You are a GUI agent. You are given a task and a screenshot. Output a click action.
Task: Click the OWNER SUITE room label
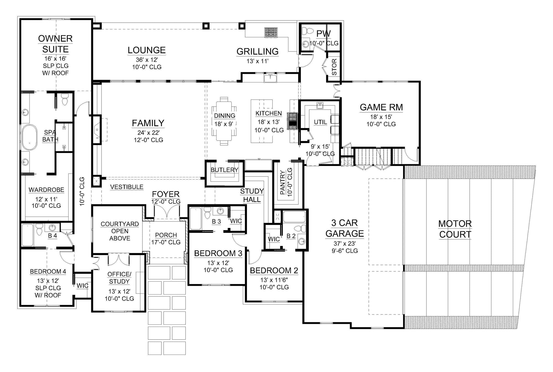pos(55,44)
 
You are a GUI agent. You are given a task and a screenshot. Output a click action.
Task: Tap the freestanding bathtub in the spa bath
pos(30,137)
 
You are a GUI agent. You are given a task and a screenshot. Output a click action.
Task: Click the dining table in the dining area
pos(224,121)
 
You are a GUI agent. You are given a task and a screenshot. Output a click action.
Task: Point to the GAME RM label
pos(381,107)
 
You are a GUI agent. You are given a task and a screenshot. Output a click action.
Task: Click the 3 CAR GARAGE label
pos(345,228)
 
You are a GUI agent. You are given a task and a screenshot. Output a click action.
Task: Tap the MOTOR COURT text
pos(455,229)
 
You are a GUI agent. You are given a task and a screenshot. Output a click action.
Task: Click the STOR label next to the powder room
pos(334,67)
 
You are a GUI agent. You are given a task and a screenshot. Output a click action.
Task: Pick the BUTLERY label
pos(225,170)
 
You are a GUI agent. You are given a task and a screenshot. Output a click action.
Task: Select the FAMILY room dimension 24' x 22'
pos(148,133)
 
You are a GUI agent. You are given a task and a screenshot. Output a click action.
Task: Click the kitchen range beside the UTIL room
pos(293,121)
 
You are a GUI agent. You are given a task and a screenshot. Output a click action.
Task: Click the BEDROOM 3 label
pos(218,253)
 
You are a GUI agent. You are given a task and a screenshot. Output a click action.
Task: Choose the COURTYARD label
pos(120,224)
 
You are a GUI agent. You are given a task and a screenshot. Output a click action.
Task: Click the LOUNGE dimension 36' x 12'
pos(147,60)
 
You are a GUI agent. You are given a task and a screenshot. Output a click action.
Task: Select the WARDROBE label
pos(46,190)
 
